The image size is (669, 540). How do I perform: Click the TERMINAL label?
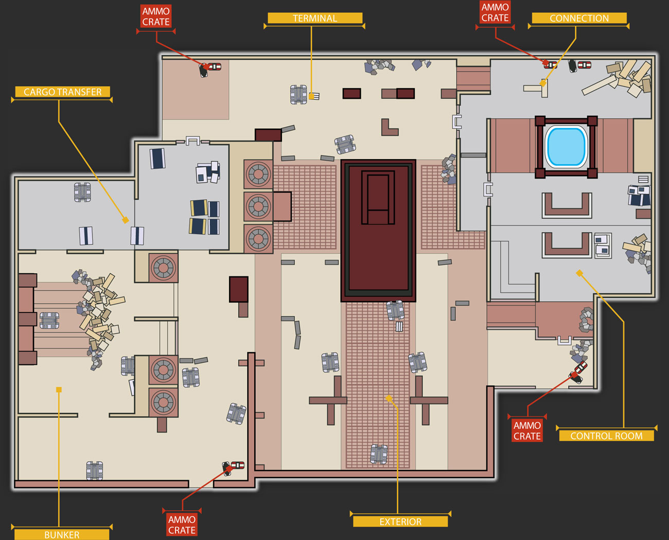(315, 18)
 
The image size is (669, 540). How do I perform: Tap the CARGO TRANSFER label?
(62, 92)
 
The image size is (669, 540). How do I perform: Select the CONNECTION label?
(579, 18)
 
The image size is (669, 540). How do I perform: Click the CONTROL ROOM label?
(606, 436)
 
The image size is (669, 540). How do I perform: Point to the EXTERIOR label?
(400, 521)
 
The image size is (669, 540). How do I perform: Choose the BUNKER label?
(62, 534)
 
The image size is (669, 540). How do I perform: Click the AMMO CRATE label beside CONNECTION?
(495, 12)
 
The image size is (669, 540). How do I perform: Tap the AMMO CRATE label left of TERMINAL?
(156, 16)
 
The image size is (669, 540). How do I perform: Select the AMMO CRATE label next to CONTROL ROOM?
(527, 431)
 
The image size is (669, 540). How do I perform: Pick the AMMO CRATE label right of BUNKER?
(182, 525)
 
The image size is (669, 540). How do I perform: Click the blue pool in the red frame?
(566, 147)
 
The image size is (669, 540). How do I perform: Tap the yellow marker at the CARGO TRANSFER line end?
(125, 220)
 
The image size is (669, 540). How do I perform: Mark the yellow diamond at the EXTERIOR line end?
(389, 398)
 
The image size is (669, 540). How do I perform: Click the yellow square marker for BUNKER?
(59, 390)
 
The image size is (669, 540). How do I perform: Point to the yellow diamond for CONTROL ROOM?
(579, 273)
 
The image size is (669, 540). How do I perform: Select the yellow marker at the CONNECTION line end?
(543, 83)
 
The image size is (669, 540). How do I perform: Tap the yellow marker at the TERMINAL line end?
(311, 96)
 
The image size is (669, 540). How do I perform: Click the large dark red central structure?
(378, 231)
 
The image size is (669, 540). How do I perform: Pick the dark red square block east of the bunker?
(239, 289)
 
